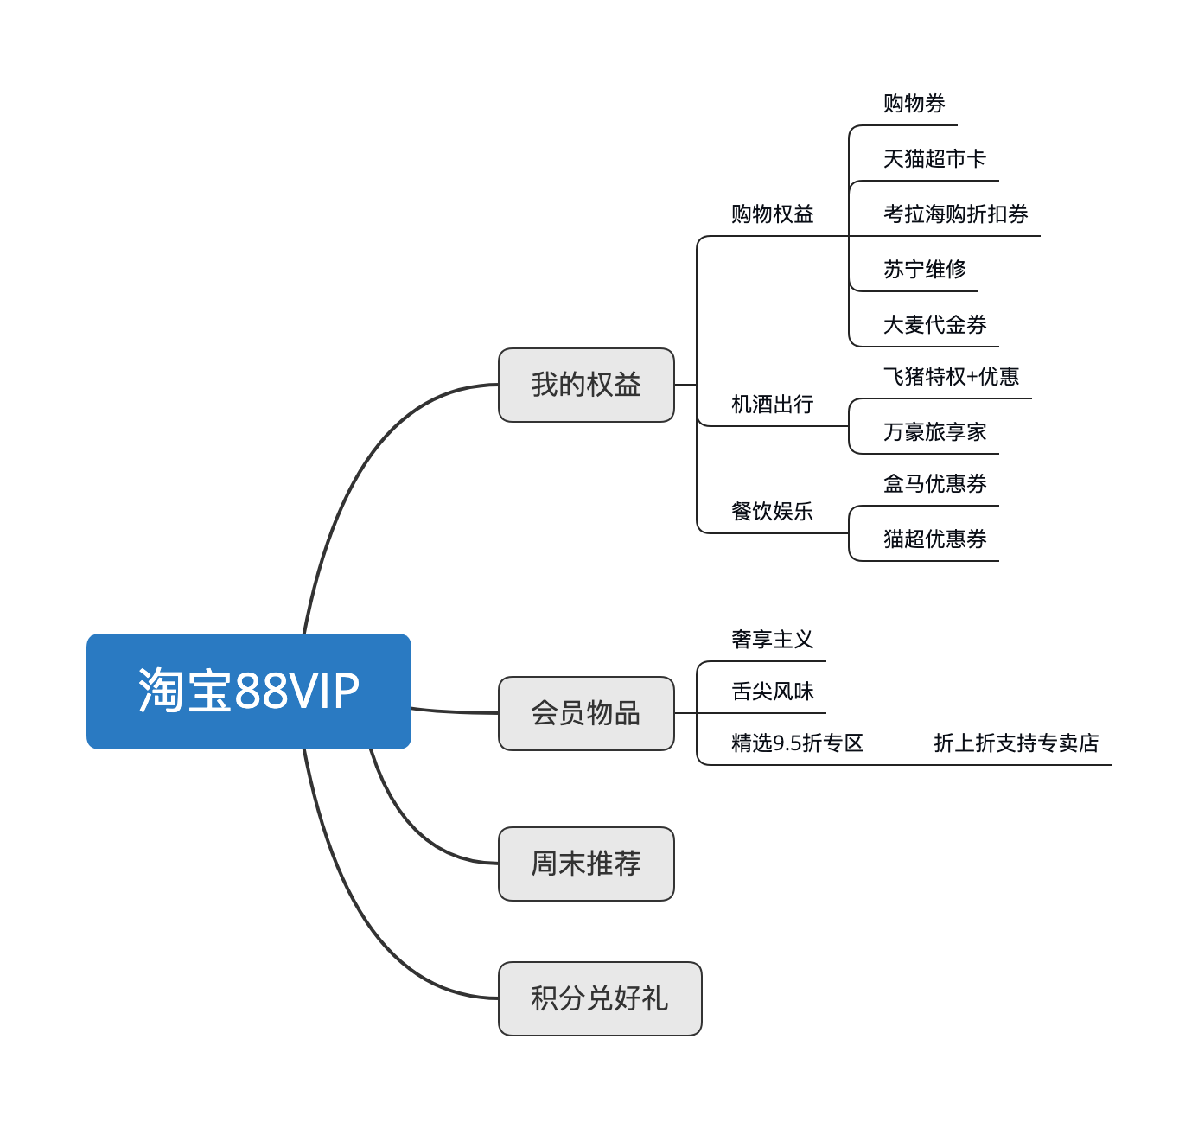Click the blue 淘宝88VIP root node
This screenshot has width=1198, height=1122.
(249, 691)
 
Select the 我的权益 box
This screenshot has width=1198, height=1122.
(586, 385)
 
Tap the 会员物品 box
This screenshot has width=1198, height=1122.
(586, 713)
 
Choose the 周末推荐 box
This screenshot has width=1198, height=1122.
(586, 864)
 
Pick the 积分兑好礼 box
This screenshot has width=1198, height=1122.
(600, 998)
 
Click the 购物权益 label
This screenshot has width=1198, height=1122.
(772, 214)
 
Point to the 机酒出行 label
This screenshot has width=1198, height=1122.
(772, 405)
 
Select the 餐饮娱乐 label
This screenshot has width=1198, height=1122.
(772, 512)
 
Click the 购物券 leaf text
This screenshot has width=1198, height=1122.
(914, 104)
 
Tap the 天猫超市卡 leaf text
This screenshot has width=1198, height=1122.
(934, 159)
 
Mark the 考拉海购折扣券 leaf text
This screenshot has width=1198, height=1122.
(955, 214)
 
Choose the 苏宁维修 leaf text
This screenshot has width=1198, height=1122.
(924, 270)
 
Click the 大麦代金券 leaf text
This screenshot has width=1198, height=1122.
(934, 325)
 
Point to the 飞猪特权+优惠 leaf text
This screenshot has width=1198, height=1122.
(951, 377)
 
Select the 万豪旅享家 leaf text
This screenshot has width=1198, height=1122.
(934, 432)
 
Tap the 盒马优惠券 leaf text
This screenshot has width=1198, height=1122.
(934, 484)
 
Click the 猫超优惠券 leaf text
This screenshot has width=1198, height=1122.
(934, 539)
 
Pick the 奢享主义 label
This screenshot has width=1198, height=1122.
(772, 640)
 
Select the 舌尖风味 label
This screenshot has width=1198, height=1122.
(772, 692)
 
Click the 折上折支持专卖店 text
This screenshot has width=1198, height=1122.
(1016, 743)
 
